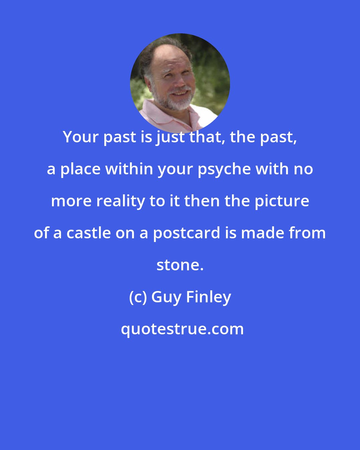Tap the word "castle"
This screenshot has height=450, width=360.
(x=88, y=233)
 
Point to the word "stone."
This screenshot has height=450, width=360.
(x=180, y=265)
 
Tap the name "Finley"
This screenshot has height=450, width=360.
(x=209, y=297)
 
